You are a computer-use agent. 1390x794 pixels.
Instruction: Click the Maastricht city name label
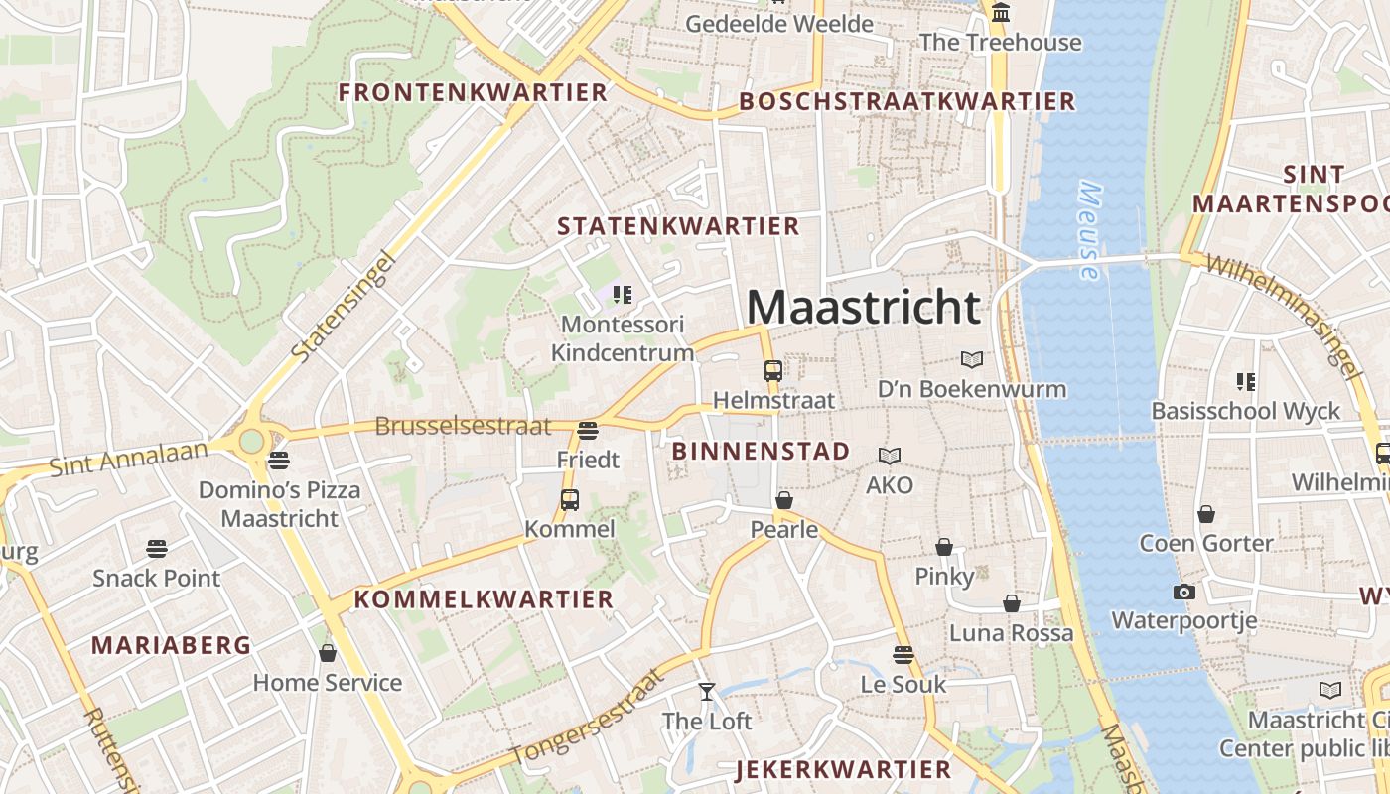[x=863, y=307]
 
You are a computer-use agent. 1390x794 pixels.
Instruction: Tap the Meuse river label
[x=1090, y=231]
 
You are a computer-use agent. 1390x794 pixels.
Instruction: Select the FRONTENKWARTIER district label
[x=473, y=92]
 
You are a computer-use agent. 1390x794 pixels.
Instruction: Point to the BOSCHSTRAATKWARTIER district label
[x=906, y=101]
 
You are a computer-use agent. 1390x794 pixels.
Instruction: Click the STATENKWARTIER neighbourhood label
[x=678, y=226]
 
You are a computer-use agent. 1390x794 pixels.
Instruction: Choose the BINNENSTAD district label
[x=761, y=451]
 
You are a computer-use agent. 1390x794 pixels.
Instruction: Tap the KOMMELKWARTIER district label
[x=484, y=599]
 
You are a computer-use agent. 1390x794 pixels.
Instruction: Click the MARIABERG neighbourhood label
[x=171, y=645]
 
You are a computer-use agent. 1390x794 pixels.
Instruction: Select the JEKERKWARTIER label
[x=843, y=769]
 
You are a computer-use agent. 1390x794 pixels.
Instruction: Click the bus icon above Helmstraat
[x=773, y=371]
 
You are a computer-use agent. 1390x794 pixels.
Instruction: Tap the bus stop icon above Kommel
[x=570, y=500]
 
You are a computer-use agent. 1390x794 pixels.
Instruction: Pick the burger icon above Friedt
[x=588, y=431]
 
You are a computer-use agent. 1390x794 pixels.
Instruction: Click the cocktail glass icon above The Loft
[x=707, y=692]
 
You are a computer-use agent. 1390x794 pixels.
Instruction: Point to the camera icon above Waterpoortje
[x=1183, y=593]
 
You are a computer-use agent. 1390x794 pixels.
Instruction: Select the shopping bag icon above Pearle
[x=784, y=500]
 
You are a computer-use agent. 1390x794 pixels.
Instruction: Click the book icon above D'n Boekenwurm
[x=972, y=359]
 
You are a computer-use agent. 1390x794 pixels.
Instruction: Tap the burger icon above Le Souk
[x=903, y=655]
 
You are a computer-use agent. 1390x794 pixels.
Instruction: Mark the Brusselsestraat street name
[x=463, y=427]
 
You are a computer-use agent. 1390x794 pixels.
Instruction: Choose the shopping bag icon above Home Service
[x=328, y=653]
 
